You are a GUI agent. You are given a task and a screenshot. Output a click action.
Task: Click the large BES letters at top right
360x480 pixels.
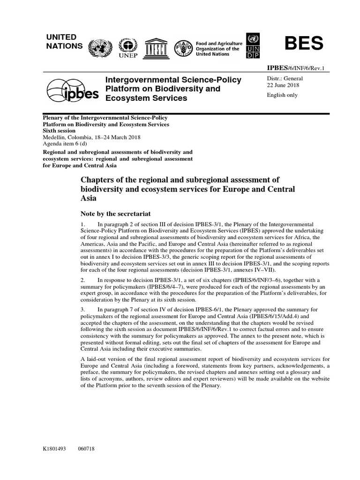tap(304, 44)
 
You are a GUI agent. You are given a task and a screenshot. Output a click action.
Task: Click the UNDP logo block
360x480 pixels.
tap(253, 46)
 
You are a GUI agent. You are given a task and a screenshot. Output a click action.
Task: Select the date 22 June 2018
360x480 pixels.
tap(283, 85)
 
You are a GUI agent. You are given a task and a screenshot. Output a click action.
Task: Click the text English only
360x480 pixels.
tap(282, 95)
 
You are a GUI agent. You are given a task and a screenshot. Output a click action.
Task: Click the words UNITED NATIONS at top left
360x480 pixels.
tap(65, 41)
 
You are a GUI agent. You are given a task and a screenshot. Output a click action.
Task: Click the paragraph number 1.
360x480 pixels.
tap(82, 225)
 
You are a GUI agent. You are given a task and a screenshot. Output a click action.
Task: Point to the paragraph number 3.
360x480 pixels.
tap(82, 310)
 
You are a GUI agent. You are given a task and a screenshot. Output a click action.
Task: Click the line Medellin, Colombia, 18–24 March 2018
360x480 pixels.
tap(91, 137)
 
